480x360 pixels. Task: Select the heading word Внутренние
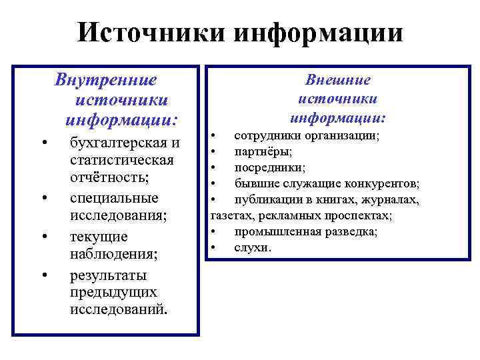point(107,81)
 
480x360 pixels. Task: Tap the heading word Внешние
point(338,80)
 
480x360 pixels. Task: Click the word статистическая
point(122,161)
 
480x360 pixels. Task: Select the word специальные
point(114,198)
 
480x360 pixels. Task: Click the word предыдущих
point(113,292)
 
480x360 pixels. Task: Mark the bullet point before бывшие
point(213,183)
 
